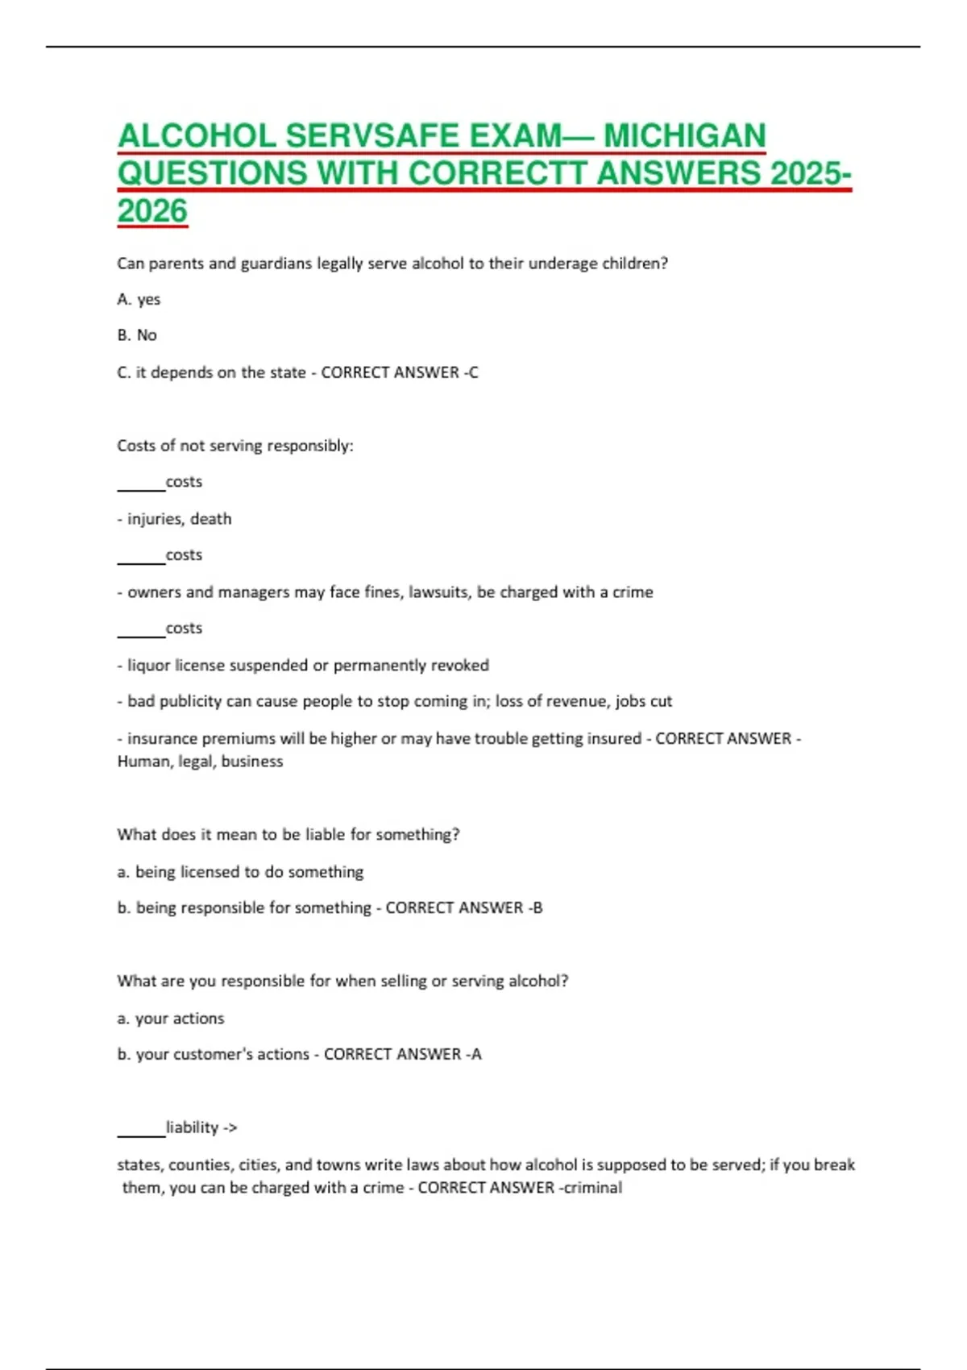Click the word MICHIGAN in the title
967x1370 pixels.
[684, 136]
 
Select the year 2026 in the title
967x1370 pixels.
[152, 211]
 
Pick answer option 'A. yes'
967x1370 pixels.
[139, 299]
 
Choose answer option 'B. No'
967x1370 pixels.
[137, 335]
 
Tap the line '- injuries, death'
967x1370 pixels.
[174, 519]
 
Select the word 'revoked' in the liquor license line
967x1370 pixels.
[459, 666]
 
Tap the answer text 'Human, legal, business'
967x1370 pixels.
[200, 762]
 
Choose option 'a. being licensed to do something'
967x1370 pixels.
[240, 872]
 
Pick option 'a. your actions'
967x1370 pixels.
[170, 1019]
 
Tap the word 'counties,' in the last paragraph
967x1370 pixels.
[201, 1165]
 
